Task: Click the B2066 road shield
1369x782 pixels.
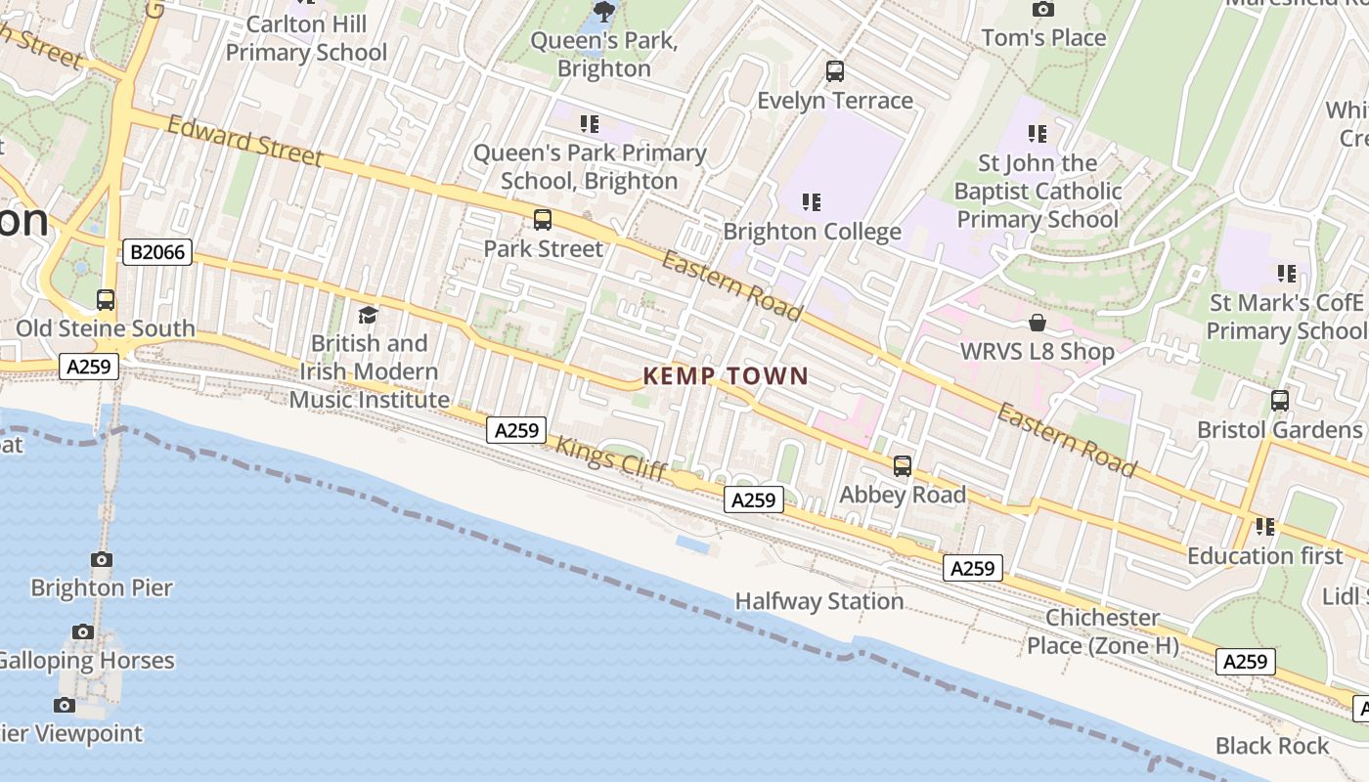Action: pyautogui.click(x=157, y=252)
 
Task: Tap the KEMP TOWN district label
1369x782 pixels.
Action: pyautogui.click(x=726, y=376)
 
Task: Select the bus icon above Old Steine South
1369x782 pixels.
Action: pyautogui.click(x=105, y=300)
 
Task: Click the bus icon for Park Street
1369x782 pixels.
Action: pyautogui.click(x=543, y=220)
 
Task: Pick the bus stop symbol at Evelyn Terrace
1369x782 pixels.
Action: pyautogui.click(x=834, y=71)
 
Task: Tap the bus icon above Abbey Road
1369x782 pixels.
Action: pyautogui.click(x=902, y=466)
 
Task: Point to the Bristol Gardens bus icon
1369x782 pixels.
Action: pyautogui.click(x=1279, y=400)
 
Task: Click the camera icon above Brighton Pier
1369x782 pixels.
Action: pyautogui.click(x=102, y=559)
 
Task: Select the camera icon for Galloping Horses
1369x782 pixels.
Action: pyautogui.click(x=83, y=631)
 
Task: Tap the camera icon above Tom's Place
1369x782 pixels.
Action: pyautogui.click(x=1043, y=10)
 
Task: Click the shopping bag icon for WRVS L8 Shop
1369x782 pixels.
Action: pyautogui.click(x=1037, y=323)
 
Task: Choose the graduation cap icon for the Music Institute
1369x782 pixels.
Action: pyautogui.click(x=368, y=315)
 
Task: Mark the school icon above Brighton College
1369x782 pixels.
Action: pyautogui.click(x=811, y=202)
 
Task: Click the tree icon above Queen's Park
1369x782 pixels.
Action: pyautogui.click(x=604, y=12)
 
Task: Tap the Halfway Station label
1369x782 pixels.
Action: pyautogui.click(x=818, y=601)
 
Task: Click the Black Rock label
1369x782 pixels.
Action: pyautogui.click(x=1271, y=746)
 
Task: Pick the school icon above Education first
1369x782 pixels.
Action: pyautogui.click(x=1265, y=527)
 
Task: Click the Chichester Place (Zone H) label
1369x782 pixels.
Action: pyautogui.click(x=1102, y=631)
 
